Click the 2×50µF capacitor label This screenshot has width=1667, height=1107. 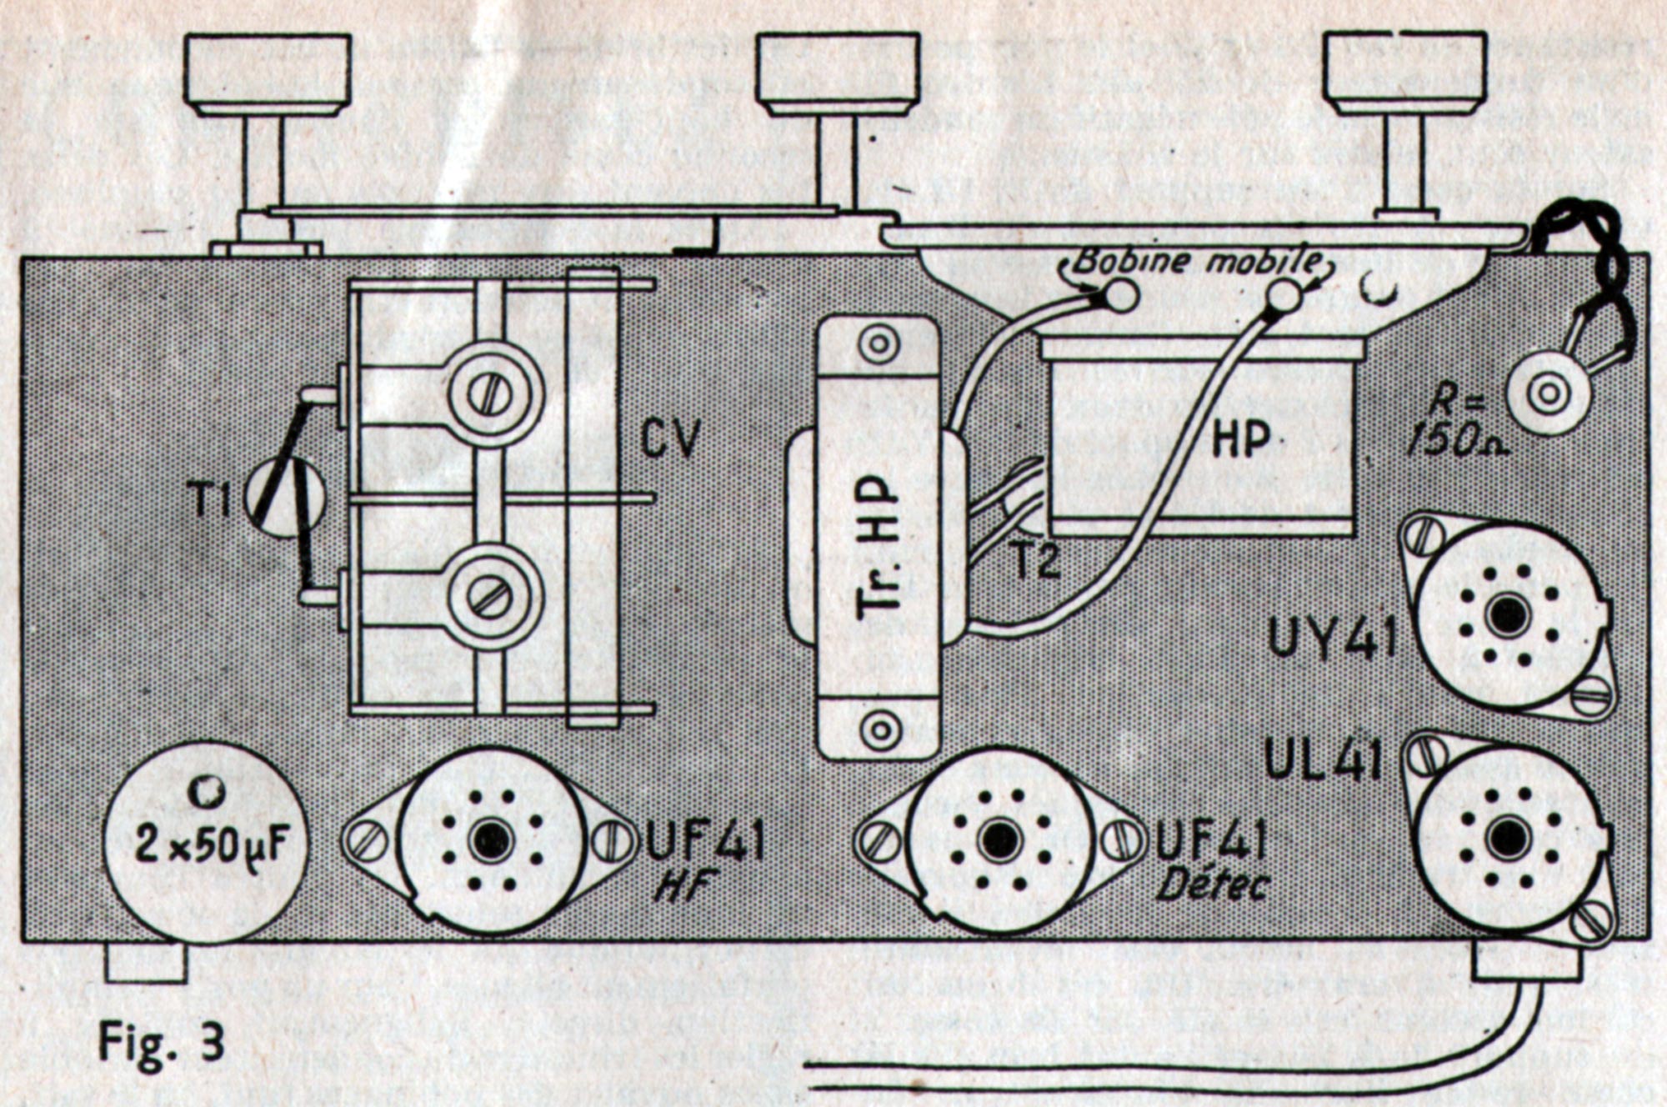click(x=212, y=845)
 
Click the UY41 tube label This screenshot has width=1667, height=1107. click(x=1331, y=641)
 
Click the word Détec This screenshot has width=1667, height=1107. click(x=1213, y=885)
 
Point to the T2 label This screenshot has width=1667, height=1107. click(x=1036, y=559)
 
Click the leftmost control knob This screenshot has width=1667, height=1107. click(x=267, y=73)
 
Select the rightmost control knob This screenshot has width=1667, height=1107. click(x=1404, y=72)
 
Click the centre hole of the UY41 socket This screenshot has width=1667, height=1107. click(x=1508, y=615)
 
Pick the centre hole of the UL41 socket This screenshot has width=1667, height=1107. click(x=1507, y=836)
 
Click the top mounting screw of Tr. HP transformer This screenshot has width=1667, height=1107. click(x=879, y=344)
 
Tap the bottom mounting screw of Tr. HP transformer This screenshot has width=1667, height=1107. click(x=879, y=730)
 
